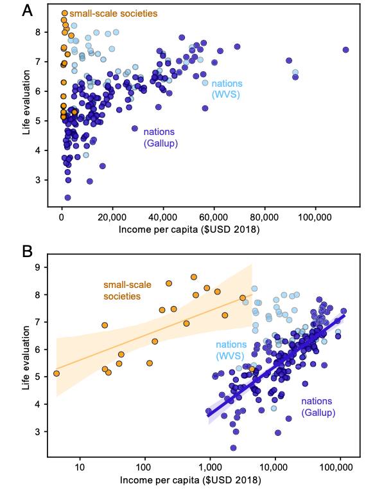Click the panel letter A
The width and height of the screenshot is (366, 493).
click(x=28, y=11)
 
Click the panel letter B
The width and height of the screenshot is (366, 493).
click(x=28, y=251)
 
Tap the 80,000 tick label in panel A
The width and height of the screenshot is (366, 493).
click(x=265, y=217)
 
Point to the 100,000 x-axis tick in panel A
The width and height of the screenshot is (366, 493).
click(x=315, y=217)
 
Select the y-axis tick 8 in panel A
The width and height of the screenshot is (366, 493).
click(x=38, y=32)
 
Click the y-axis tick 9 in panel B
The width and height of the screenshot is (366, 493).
click(x=38, y=267)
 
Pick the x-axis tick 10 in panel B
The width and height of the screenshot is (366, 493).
click(x=80, y=467)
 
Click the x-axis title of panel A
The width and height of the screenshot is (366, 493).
click(x=189, y=229)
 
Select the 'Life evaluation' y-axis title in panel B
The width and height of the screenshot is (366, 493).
click(x=26, y=358)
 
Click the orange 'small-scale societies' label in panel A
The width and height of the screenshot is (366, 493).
click(x=114, y=13)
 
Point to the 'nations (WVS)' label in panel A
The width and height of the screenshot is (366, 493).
click(x=227, y=89)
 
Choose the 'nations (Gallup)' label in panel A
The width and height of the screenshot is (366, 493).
click(x=161, y=138)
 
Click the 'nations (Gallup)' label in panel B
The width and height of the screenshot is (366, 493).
click(x=318, y=407)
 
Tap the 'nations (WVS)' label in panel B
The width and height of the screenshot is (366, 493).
click(x=231, y=350)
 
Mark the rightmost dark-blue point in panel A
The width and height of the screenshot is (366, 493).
click(x=345, y=49)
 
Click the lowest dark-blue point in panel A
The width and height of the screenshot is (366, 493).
click(x=67, y=197)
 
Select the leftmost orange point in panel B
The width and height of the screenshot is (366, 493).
click(x=57, y=373)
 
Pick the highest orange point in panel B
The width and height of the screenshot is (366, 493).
click(x=194, y=277)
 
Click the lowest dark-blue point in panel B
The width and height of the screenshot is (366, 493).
click(x=233, y=448)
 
